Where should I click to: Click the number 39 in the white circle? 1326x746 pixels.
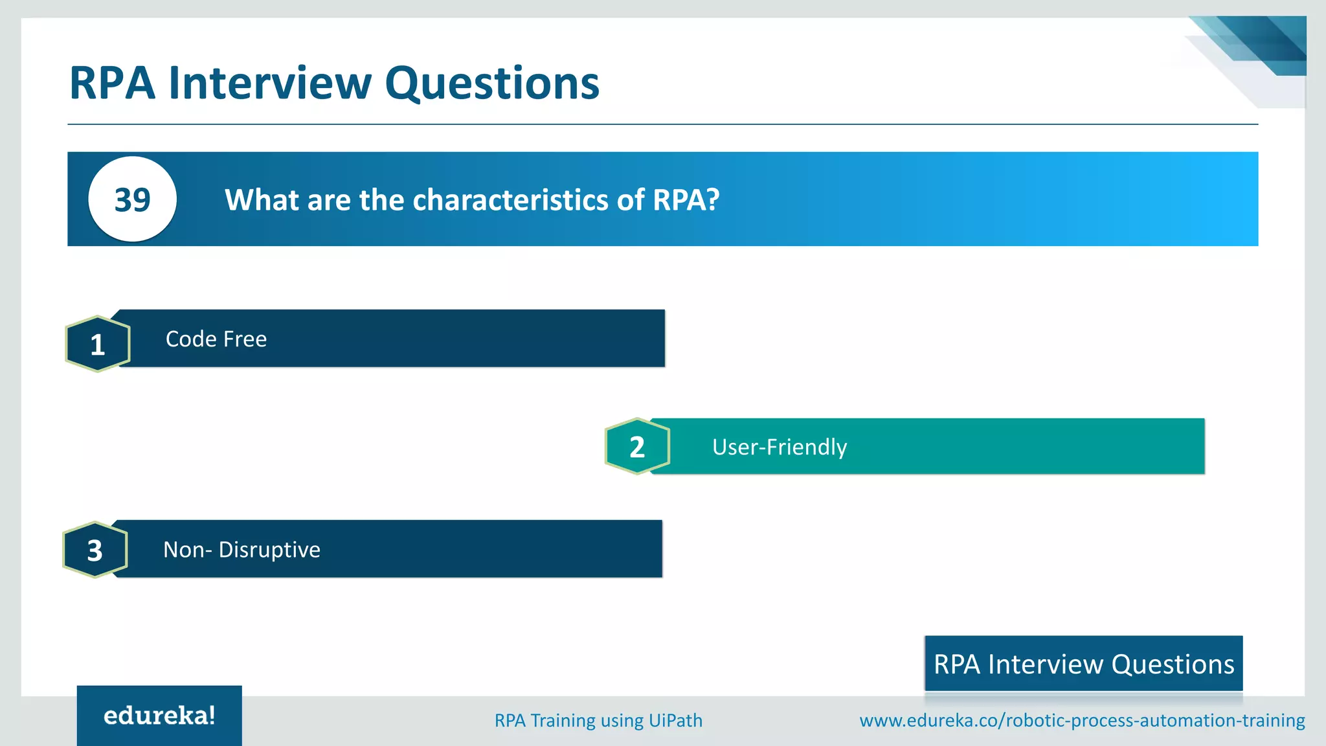132,199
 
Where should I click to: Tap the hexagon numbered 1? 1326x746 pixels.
98,344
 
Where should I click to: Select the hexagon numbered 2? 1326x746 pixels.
637,447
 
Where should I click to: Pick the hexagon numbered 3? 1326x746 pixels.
95,550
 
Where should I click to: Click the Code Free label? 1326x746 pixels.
216,339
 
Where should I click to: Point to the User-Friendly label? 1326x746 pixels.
779,447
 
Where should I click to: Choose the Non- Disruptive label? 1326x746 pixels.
242,550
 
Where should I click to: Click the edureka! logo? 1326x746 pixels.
159,716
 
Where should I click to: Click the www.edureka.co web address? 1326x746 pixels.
1081,720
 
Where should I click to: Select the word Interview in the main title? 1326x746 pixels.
270,84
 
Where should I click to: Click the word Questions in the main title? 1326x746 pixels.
492,84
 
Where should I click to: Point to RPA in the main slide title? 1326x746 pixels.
112,84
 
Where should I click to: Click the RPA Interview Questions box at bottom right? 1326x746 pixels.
1083,664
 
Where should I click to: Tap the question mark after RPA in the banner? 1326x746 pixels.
713,200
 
